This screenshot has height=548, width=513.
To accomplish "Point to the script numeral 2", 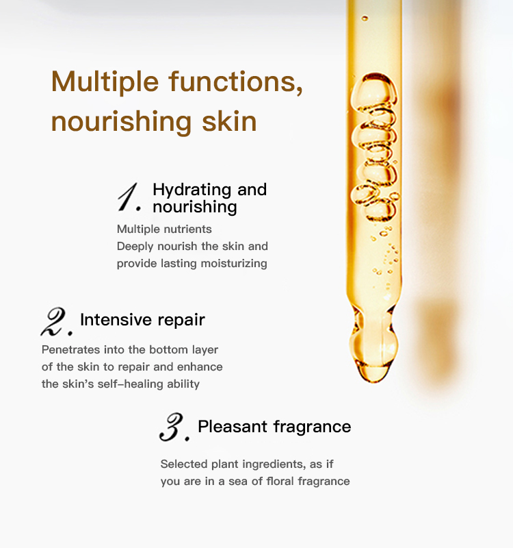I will point(56,322).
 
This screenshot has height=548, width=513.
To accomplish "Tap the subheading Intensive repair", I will point(142,320).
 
